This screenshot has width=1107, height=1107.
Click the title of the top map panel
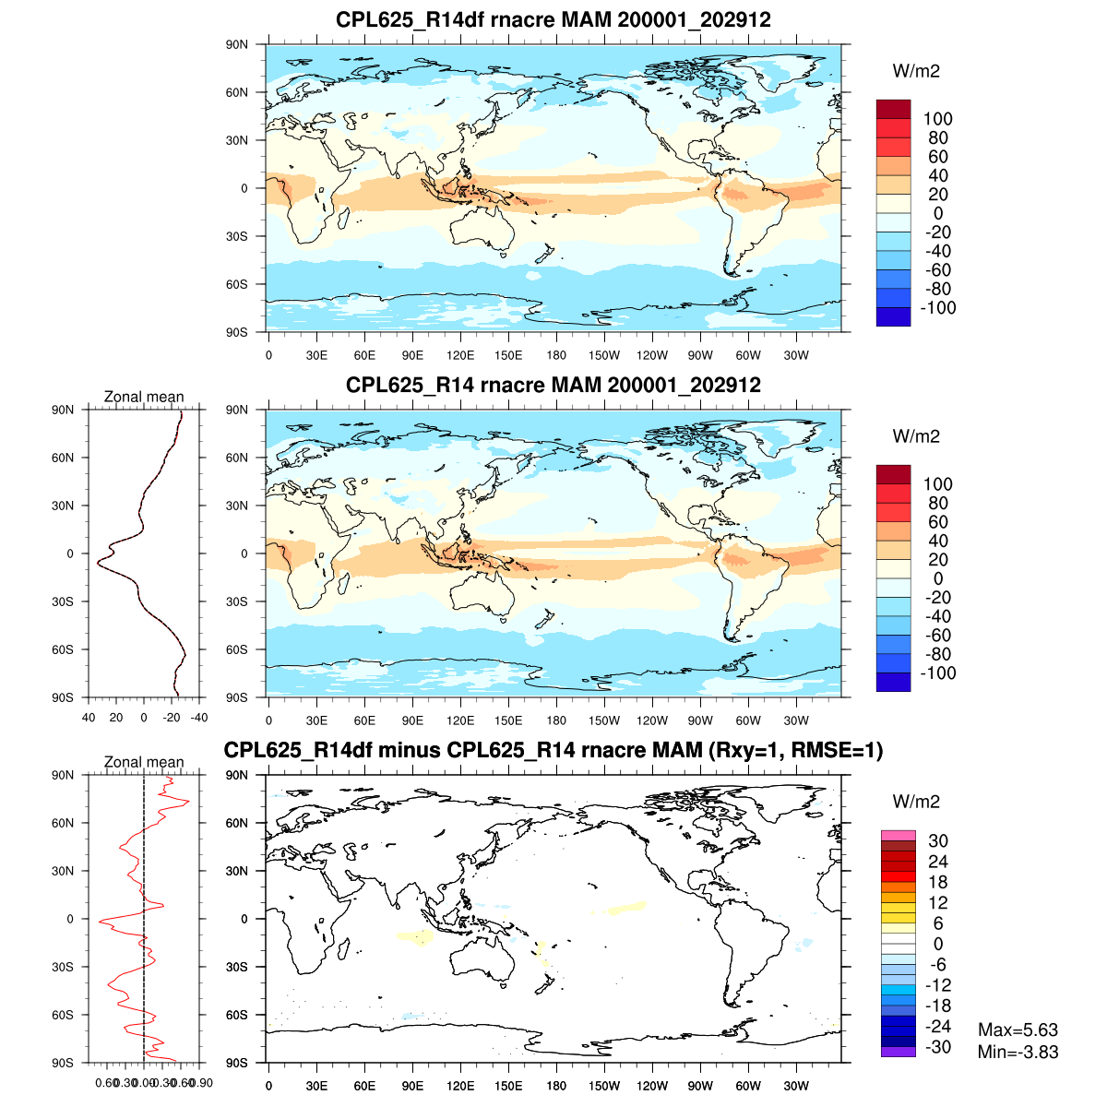pyautogui.click(x=553, y=19)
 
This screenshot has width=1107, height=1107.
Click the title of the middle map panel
pyautogui.click(x=553, y=385)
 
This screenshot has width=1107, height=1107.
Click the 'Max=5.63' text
pyautogui.click(x=1018, y=1030)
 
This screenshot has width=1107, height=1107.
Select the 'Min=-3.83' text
pyautogui.click(x=1018, y=1052)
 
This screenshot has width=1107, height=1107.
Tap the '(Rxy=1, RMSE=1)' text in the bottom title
pyautogui.click(x=794, y=751)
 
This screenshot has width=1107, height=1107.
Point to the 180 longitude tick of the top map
pyautogui.click(x=556, y=355)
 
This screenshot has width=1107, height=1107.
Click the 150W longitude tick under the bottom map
pyautogui.click(x=604, y=1086)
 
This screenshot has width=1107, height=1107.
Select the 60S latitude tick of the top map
pyautogui.click(x=237, y=284)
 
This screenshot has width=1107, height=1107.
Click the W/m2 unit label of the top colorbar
pyautogui.click(x=916, y=71)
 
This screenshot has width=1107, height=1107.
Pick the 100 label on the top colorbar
pyautogui.click(x=937, y=119)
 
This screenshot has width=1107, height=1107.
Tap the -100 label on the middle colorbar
pyautogui.click(x=937, y=673)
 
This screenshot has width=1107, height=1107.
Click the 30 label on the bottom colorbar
pyautogui.click(x=937, y=840)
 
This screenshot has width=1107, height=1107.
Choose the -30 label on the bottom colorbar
pyautogui.click(x=937, y=1046)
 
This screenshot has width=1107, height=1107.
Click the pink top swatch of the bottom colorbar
pyautogui.click(x=898, y=835)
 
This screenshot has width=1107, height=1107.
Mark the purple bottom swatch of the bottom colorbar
pyautogui.click(x=898, y=1052)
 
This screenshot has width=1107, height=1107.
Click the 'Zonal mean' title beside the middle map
pyautogui.click(x=144, y=397)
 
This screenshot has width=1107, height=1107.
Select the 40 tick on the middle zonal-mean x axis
pyautogui.click(x=89, y=717)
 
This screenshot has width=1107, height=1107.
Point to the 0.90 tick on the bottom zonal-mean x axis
pyautogui.click(x=202, y=1083)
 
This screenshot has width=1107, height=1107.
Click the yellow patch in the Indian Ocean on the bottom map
pyautogui.click(x=416, y=937)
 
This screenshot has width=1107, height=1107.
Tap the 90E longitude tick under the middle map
pyautogui.click(x=412, y=720)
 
